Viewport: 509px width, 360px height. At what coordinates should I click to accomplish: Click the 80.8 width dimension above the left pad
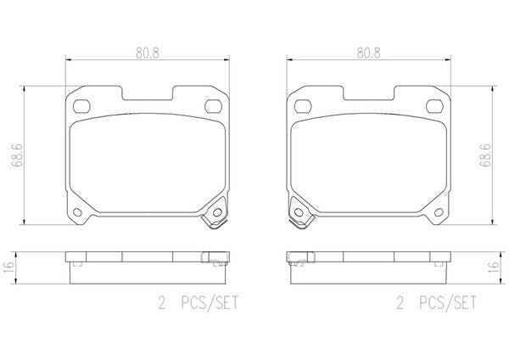[148, 53]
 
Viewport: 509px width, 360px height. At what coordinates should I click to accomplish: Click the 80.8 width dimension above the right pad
[368, 53]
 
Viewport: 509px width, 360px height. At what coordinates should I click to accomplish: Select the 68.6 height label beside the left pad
[17, 155]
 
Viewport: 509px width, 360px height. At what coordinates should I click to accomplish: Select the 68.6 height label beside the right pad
[485, 155]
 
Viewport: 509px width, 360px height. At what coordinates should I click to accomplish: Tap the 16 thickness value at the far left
[8, 267]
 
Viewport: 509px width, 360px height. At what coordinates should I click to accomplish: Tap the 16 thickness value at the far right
[494, 267]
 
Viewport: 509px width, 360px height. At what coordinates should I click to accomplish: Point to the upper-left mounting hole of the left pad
[81, 106]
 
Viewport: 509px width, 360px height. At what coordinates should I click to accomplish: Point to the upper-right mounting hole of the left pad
[213, 106]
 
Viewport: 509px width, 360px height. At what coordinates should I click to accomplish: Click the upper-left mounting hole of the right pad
[303, 106]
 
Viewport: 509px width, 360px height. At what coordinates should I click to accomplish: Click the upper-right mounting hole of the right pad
[434, 106]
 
